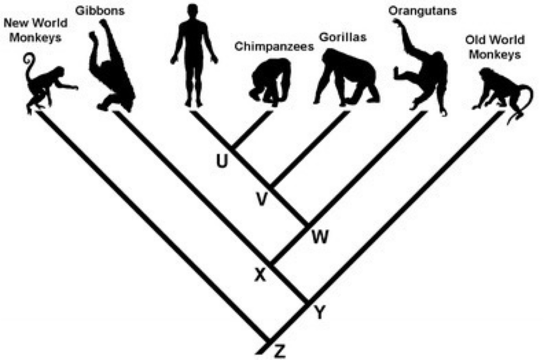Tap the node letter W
(x=321, y=236)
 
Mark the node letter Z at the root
(x=279, y=351)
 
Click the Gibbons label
(x=100, y=10)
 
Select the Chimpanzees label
(x=274, y=46)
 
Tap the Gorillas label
(x=343, y=37)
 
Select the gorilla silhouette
(x=347, y=78)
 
